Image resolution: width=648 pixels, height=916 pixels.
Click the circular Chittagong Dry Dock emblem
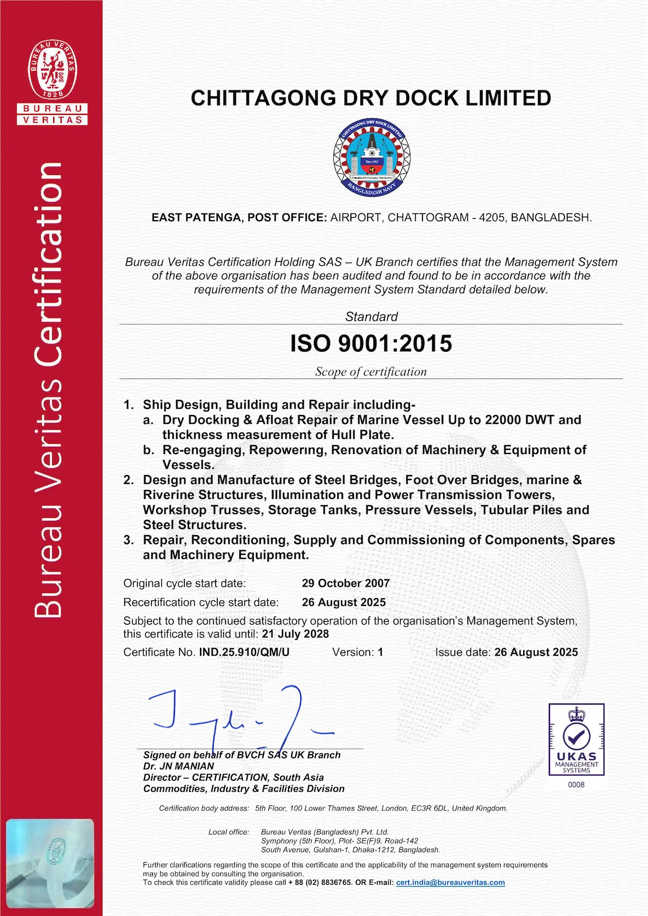tap(371, 157)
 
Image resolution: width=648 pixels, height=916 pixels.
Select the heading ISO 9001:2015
tap(371, 343)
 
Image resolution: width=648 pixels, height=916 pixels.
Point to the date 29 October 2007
tap(346, 583)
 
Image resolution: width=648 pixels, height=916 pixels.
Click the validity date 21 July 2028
tap(296, 634)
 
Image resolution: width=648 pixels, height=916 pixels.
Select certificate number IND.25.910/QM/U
tap(244, 652)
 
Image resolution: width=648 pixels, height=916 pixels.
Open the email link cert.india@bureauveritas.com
tap(450, 883)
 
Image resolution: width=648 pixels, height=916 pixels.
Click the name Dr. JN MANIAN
tap(179, 766)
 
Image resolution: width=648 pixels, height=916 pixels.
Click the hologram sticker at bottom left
tap(51, 864)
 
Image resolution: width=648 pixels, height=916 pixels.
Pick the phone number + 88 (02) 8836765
tap(320, 883)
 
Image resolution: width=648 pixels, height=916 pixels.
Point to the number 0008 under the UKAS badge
tap(576, 784)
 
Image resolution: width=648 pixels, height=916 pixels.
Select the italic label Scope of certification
tap(371, 372)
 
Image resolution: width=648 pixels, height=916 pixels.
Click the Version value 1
tap(381, 652)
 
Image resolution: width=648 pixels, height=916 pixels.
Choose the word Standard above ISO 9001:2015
tap(371, 316)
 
